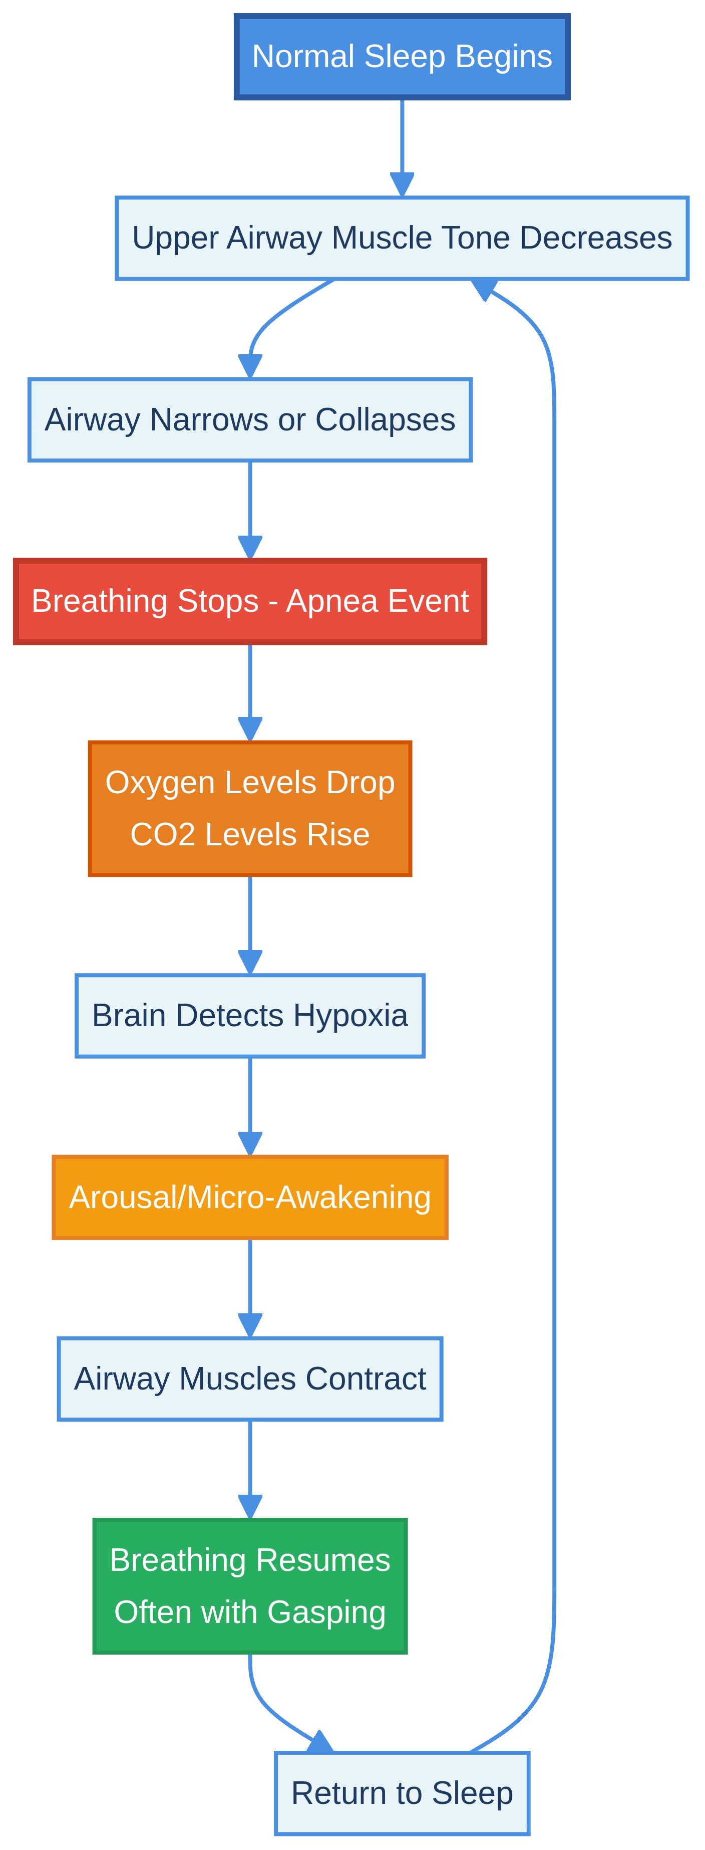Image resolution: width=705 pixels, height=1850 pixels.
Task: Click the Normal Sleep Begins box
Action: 402,57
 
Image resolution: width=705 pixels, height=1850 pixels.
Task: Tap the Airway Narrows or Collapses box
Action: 250,420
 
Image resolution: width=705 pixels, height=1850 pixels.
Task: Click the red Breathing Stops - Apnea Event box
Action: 250,601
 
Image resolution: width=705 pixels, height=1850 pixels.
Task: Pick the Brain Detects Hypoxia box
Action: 250,1016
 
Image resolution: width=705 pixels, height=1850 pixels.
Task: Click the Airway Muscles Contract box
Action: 250,1379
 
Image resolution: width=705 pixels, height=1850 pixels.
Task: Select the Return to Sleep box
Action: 402,1793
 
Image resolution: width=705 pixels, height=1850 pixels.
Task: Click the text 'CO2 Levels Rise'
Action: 250,834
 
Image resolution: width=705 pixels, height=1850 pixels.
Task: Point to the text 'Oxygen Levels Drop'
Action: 250,783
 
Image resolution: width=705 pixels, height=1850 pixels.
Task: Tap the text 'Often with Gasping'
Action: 250,1612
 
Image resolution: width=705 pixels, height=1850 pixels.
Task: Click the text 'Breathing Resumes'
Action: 250,1560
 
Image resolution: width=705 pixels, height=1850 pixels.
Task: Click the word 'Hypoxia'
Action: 350,1016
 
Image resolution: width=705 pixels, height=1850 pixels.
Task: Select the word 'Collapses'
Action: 385,420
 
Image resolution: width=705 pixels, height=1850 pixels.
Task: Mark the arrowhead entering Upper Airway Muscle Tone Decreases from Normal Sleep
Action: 402,185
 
